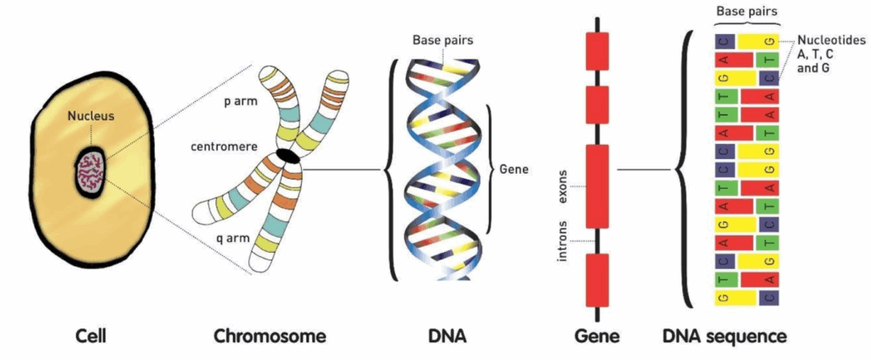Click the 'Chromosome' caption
270,336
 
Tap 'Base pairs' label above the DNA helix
442,39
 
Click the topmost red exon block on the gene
597,51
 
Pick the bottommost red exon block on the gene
597,280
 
